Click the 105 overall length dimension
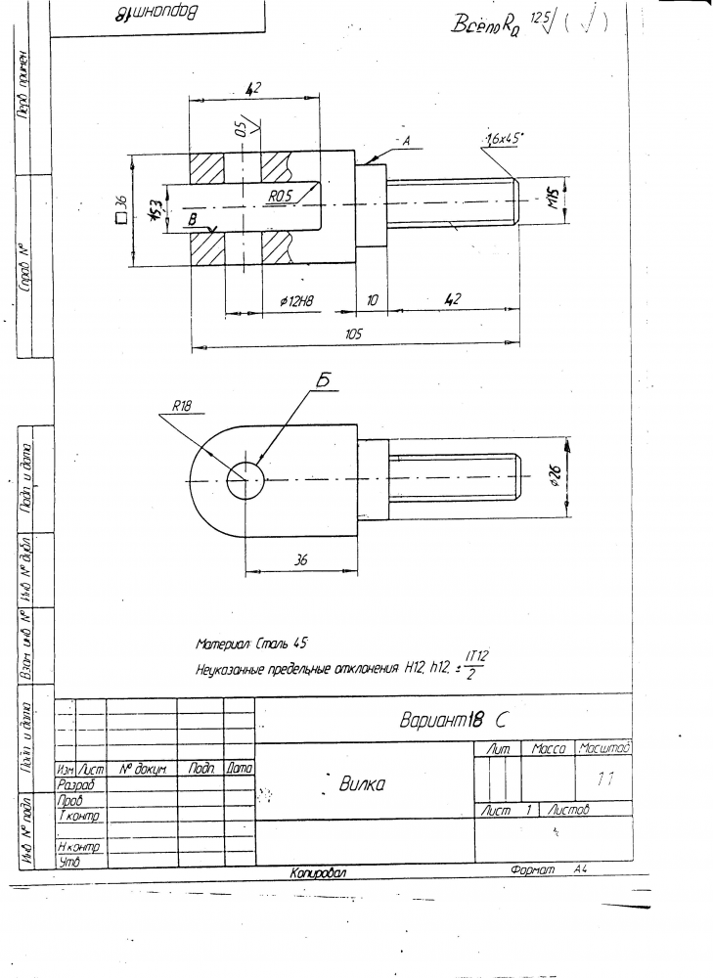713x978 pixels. pos(354,334)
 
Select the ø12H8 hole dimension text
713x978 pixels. pos(295,302)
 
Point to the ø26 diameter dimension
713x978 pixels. pos(555,476)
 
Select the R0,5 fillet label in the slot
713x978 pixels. pos(282,196)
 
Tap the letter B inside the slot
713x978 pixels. pos(193,220)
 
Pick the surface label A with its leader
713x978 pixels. pos(403,142)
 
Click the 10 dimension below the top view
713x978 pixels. pos(373,301)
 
